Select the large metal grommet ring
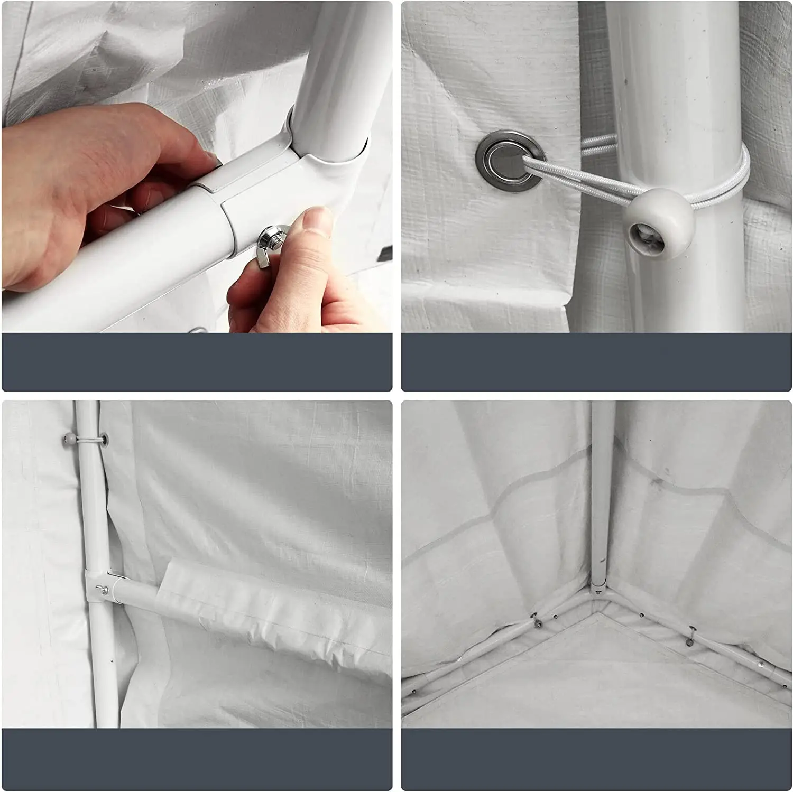(x=510, y=157)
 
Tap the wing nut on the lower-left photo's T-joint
(x=102, y=588)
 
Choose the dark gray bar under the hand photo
(x=197, y=362)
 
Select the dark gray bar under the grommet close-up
(x=596, y=362)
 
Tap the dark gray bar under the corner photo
(x=596, y=759)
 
